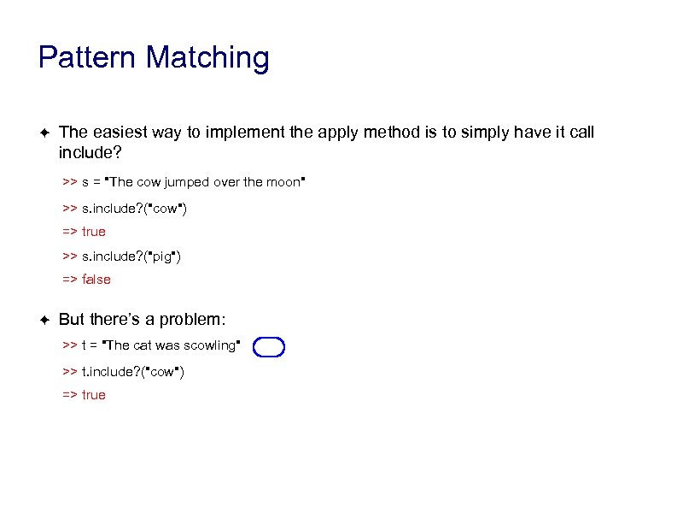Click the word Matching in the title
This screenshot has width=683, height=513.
point(207,58)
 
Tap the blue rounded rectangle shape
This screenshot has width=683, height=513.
point(269,346)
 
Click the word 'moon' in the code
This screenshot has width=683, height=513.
point(284,182)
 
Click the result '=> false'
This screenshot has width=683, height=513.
point(86,280)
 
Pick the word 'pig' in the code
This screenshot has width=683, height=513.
point(163,256)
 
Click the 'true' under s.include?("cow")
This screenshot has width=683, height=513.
point(94,232)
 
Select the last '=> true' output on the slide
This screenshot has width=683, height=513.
point(84,395)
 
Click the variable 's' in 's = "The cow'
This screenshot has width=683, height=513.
point(86,182)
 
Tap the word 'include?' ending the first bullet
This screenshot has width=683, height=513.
point(90,153)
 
